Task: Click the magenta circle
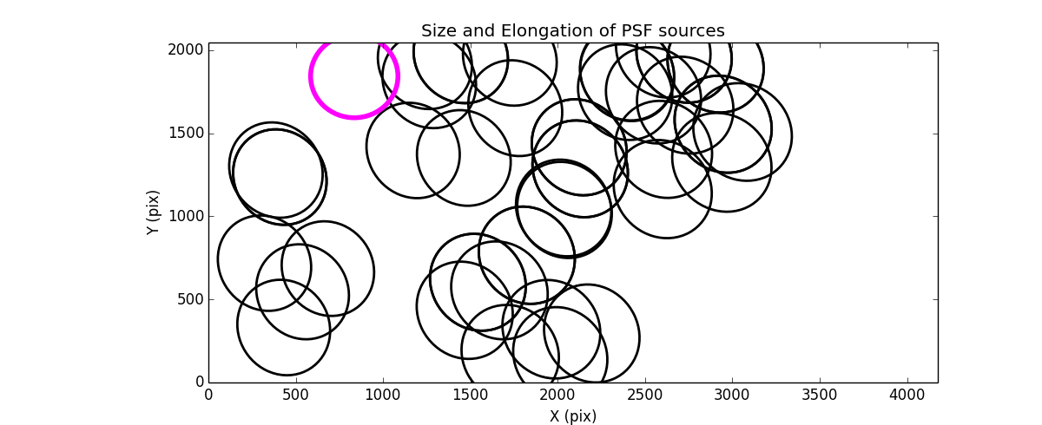(x=354, y=75)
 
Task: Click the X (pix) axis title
(x=573, y=416)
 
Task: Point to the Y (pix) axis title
(x=153, y=212)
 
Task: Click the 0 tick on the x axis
(x=208, y=396)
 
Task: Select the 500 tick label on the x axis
(x=296, y=396)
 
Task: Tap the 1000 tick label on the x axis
(x=383, y=396)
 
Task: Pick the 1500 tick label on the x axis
(x=471, y=396)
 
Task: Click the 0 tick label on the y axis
(x=199, y=382)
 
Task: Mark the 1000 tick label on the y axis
(x=187, y=216)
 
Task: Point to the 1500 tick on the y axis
(x=187, y=134)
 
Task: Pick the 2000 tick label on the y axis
(x=187, y=50)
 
